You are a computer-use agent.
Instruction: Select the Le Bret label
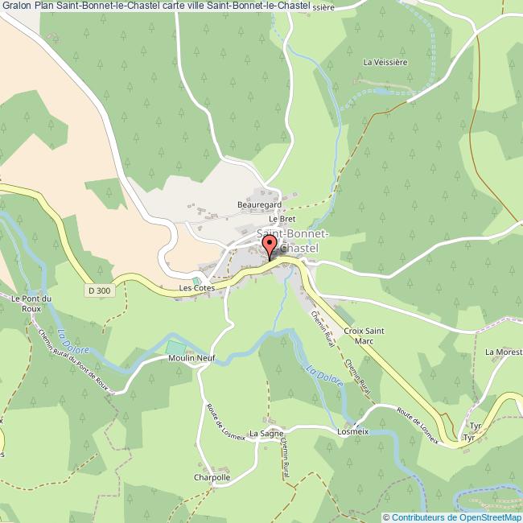(x=283, y=218)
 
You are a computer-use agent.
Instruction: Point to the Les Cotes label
(x=196, y=287)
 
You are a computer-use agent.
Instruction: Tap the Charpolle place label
(x=212, y=476)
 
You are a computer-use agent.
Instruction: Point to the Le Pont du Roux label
(x=31, y=303)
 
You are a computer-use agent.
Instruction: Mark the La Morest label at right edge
(x=504, y=352)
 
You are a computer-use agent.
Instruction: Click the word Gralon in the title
(x=17, y=7)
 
